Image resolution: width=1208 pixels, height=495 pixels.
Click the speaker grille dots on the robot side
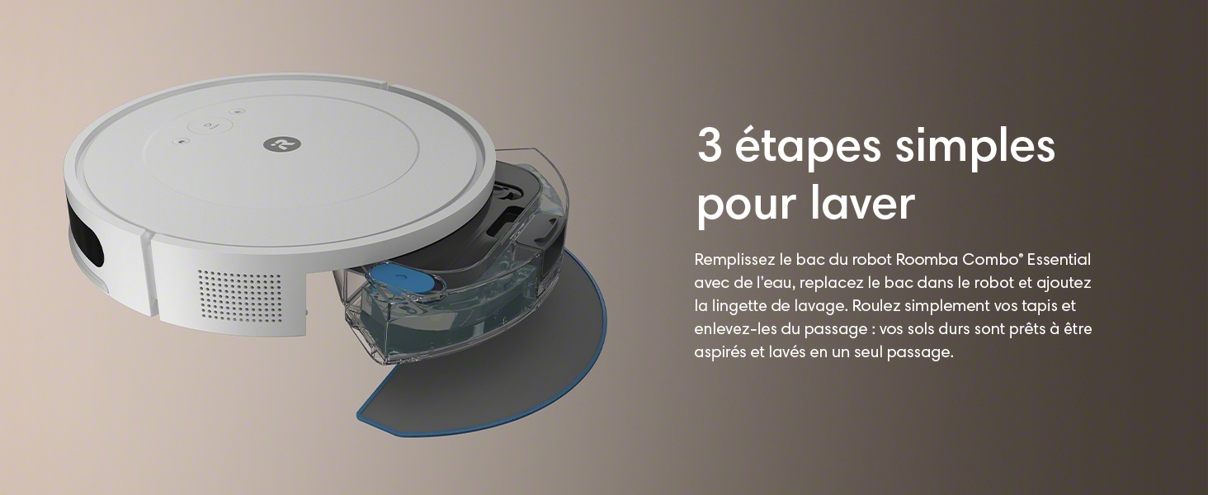tap(239, 295)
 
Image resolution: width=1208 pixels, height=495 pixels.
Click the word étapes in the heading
tap(808, 147)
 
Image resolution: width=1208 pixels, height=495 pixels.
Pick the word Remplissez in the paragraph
tap(734, 260)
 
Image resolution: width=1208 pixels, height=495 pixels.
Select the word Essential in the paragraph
tap(1059, 259)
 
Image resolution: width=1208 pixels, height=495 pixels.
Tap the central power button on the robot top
tap(210, 127)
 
